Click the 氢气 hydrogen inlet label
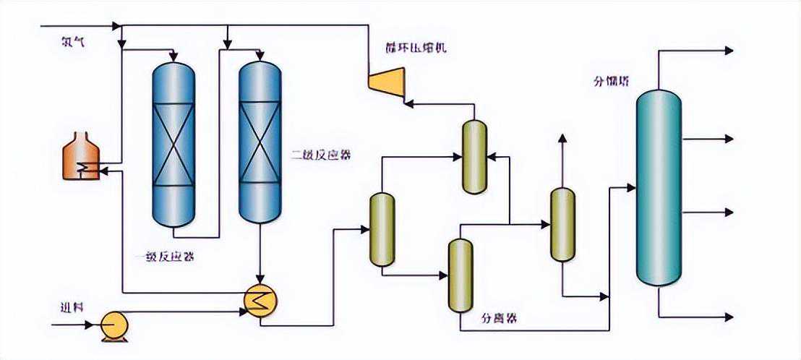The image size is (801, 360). point(73,43)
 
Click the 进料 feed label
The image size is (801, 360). point(72,307)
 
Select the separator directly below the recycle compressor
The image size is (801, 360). point(474,157)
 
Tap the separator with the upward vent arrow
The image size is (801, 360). point(562,224)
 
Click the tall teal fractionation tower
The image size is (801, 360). point(658,188)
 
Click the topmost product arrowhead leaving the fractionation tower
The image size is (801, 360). point(729,51)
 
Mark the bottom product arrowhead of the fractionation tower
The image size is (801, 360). point(729,317)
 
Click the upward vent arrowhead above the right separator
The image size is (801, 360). point(562,137)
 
